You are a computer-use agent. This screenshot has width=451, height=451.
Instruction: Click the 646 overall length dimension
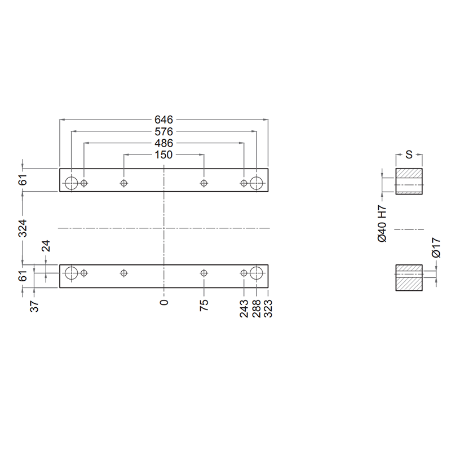[163, 120]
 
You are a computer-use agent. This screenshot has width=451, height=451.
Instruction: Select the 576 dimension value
[163, 131]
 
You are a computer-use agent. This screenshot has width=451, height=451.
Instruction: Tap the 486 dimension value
[163, 143]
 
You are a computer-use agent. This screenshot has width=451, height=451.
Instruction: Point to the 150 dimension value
[163, 154]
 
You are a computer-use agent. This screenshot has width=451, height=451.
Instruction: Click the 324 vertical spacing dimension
[23, 228]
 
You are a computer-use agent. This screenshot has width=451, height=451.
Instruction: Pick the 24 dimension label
[46, 246]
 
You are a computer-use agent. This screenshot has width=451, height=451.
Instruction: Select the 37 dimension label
[34, 306]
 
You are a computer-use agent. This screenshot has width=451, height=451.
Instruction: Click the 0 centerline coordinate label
[164, 303]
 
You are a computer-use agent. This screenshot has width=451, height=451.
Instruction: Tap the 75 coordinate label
[204, 305]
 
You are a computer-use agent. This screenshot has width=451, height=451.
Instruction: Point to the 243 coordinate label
[244, 308]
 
